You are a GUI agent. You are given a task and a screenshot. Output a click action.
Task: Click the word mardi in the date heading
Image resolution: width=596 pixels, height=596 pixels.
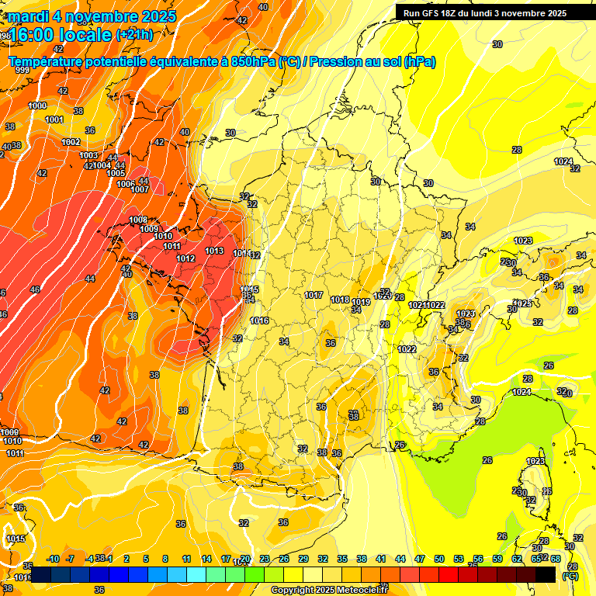pos(30,16)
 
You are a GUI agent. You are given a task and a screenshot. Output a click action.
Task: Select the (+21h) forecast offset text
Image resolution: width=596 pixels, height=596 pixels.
pos(134,35)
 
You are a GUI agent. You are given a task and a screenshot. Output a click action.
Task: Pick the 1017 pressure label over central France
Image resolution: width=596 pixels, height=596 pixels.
pos(314,296)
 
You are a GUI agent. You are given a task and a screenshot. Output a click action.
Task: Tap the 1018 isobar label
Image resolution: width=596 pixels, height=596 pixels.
pos(340,300)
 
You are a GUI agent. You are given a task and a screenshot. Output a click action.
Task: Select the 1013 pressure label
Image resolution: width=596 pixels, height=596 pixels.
pos(215,251)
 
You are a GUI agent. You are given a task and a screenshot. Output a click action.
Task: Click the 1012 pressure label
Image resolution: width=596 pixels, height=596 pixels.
pos(185,258)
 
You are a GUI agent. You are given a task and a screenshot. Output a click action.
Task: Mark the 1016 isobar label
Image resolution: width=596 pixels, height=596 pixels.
pos(259,321)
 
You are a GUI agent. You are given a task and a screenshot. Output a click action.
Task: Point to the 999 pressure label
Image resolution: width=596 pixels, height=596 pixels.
pos(23,71)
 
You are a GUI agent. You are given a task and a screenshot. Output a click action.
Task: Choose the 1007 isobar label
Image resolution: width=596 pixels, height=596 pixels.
pos(140,189)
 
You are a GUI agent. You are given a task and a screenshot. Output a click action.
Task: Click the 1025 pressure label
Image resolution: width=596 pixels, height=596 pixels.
pos(524,303)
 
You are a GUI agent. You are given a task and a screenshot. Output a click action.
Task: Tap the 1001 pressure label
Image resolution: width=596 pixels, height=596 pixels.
pos(54,120)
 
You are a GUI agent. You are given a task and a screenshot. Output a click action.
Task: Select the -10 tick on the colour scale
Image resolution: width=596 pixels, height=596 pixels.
pos(54,559)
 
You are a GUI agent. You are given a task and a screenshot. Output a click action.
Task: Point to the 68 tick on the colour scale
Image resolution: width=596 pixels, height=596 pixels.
pos(556,559)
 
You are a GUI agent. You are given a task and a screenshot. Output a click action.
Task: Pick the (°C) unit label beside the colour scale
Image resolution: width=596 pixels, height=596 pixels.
pos(570,576)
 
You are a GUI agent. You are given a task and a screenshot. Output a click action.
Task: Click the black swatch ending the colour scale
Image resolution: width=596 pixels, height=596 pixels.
pos(546,574)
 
